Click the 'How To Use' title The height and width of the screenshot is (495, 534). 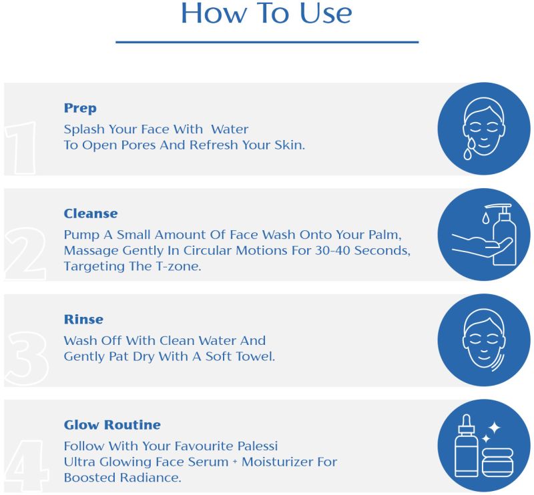266,13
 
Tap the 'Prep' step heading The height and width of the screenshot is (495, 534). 80,108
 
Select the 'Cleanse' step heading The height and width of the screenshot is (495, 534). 91,213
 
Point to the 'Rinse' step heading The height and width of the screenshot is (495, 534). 83,320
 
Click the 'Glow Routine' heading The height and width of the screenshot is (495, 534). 112,425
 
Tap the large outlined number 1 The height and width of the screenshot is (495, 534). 21,147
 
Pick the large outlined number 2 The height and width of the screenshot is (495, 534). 25,254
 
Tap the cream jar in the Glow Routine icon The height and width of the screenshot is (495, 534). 497,463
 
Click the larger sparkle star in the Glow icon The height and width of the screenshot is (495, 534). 494,428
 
